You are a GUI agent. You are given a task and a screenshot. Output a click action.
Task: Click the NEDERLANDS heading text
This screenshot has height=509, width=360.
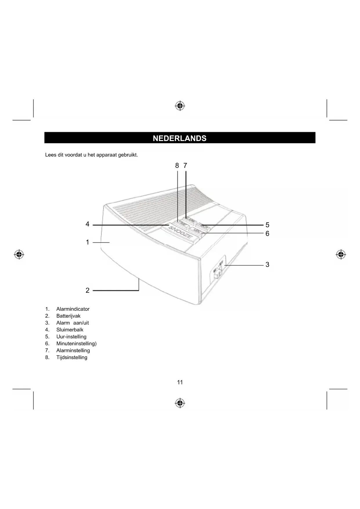[x=180, y=138]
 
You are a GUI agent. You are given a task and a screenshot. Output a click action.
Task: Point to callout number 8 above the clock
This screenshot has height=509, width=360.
[x=177, y=166]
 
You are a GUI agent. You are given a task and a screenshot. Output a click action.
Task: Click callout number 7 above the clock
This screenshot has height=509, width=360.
[x=185, y=166]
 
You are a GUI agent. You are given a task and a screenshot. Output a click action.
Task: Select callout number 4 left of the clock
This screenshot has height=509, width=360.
[x=87, y=224]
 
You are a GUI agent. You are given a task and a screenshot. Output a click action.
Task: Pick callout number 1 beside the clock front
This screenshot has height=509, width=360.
[x=87, y=242]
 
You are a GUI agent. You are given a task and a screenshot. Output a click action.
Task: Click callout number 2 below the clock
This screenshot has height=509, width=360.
[x=87, y=290]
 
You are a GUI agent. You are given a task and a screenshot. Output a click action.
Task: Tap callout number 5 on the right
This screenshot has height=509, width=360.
[x=267, y=225]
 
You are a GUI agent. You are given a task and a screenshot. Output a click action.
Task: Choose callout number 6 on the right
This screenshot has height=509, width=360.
[x=267, y=234]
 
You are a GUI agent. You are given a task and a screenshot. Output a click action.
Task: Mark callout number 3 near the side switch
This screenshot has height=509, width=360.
[x=267, y=265]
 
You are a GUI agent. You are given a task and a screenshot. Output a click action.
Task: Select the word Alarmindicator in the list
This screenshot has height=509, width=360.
[x=73, y=309]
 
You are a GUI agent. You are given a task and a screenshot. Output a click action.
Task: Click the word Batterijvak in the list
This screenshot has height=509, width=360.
[x=68, y=316]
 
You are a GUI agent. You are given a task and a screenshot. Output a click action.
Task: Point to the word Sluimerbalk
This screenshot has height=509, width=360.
[x=70, y=330]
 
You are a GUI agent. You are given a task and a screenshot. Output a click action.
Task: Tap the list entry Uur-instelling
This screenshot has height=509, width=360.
[x=71, y=337]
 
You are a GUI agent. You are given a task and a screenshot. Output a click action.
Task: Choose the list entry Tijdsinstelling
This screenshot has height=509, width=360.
[x=72, y=358]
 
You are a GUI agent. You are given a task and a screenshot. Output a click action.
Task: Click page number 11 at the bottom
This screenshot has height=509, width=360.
[x=180, y=382]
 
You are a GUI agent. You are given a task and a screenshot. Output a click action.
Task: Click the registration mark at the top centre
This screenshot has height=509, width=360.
[x=180, y=106]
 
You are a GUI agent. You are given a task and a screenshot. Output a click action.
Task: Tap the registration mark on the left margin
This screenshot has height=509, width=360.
[x=19, y=255]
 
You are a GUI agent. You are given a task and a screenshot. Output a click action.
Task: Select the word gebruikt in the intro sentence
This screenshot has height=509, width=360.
[x=128, y=155]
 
